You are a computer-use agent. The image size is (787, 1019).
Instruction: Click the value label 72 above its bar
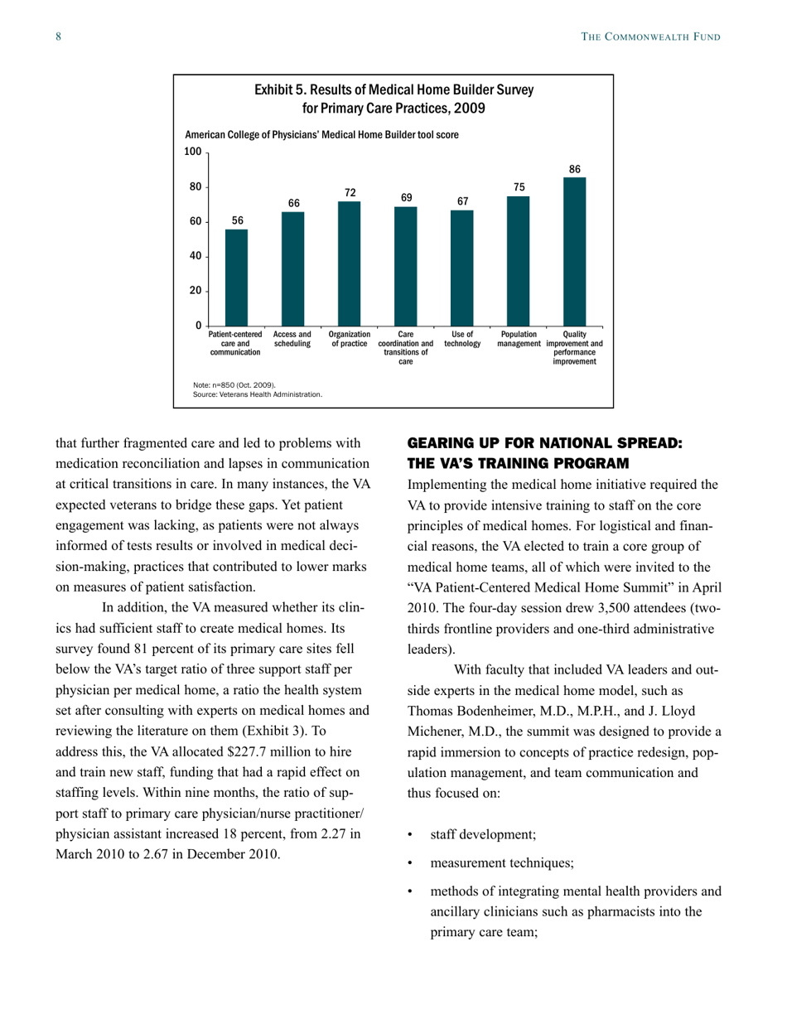pos(350,192)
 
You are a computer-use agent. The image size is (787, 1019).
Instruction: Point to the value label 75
pos(519,187)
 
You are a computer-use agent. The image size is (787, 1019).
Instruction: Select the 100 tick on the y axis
pos(192,152)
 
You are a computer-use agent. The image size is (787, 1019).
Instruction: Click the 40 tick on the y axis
pos(196,256)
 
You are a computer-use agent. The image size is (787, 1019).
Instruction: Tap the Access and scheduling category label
pos(292,339)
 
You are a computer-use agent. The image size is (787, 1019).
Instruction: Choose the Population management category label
pos(519,339)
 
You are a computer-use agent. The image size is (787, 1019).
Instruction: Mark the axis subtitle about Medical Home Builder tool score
pos(321,133)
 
